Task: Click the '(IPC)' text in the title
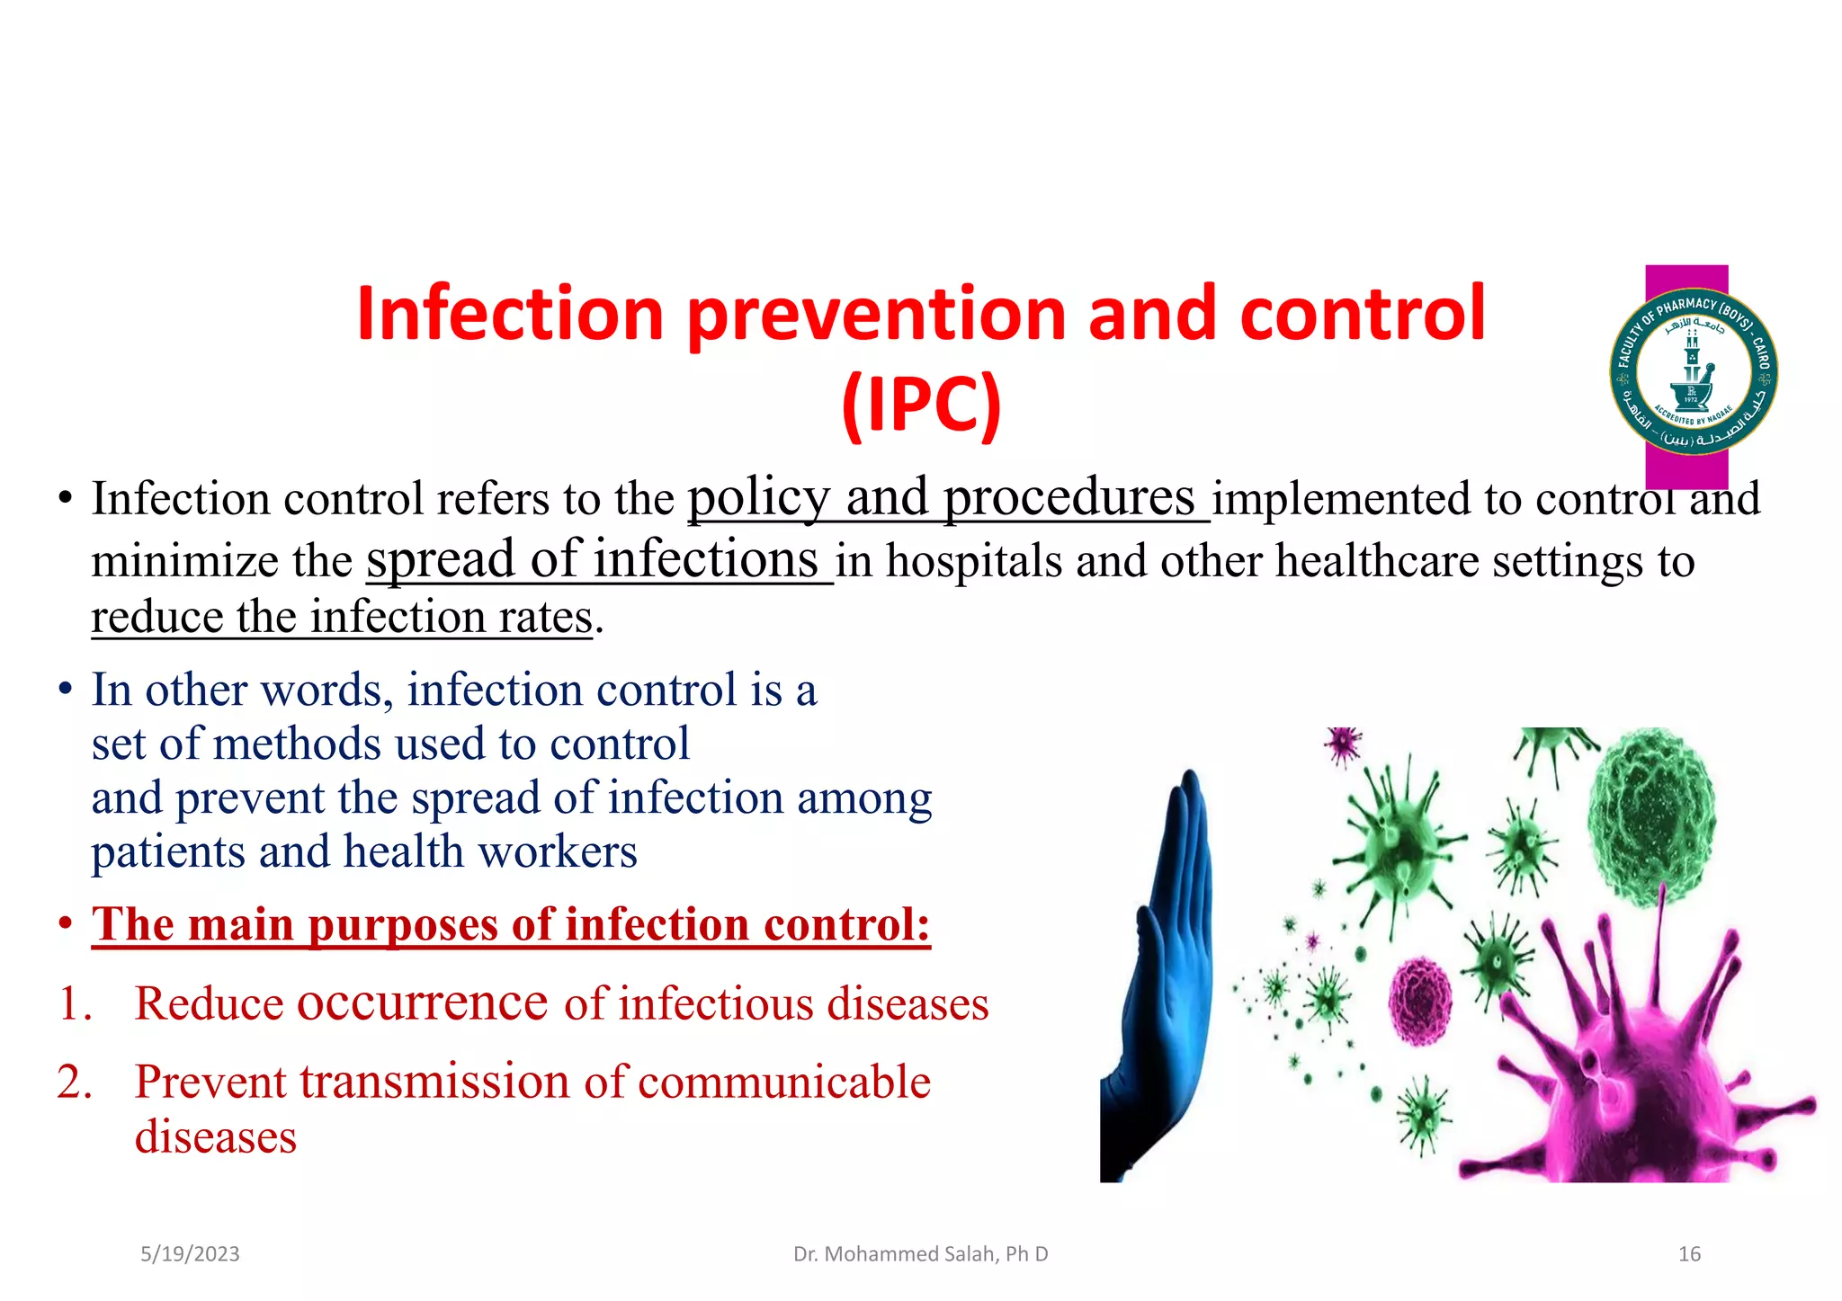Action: pos(921,405)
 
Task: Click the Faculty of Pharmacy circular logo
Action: pos(1693,371)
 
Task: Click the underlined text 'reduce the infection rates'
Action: pos(342,618)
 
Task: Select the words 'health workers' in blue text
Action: pos(490,852)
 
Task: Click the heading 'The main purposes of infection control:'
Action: pos(511,925)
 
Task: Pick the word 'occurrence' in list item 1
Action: pos(422,1002)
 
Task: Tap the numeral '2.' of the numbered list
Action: pos(75,1082)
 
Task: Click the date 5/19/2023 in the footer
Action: pos(190,1254)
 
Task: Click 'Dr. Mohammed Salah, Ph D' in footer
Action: pos(920,1254)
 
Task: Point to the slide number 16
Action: pos(1688,1254)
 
